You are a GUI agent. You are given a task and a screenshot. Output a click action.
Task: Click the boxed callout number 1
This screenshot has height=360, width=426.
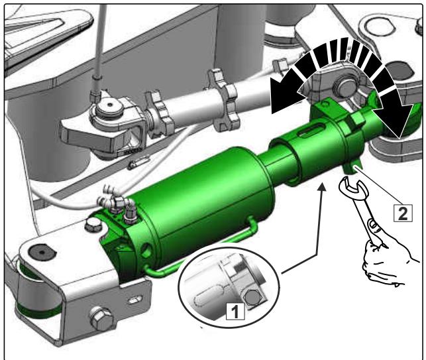click(x=236, y=311)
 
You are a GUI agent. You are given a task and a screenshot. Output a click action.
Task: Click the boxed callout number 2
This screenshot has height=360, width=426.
click(x=403, y=213)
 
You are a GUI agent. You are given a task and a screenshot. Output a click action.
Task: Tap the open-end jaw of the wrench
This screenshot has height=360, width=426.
click(x=353, y=188)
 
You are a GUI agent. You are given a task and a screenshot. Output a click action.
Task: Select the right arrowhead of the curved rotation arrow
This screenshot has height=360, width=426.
click(x=397, y=119)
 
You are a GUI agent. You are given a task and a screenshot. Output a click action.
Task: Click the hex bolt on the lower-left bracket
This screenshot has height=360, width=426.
click(x=101, y=318)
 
